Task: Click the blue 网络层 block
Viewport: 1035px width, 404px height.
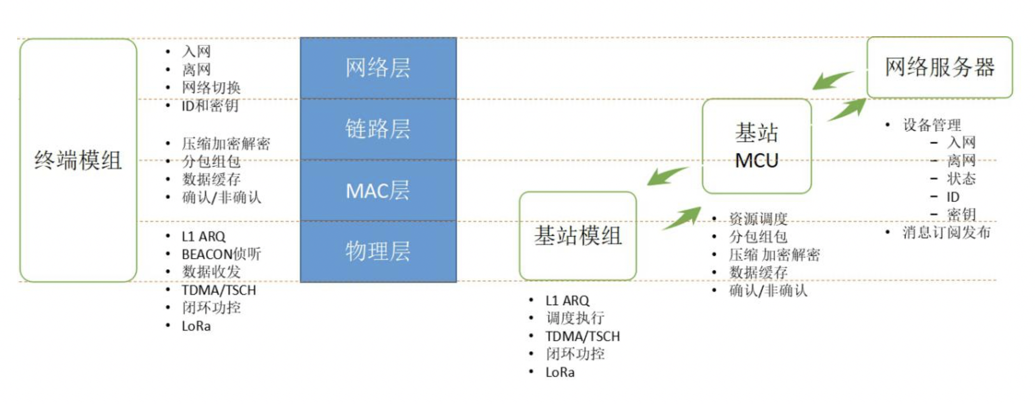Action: click(378, 68)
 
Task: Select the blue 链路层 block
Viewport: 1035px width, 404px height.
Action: click(378, 129)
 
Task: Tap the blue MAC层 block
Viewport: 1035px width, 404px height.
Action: click(378, 190)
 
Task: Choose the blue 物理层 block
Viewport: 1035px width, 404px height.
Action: click(378, 251)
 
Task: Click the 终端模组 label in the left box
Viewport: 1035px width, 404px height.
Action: click(78, 160)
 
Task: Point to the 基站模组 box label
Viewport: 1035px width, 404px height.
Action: click(578, 236)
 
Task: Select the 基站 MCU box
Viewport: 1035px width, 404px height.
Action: click(756, 146)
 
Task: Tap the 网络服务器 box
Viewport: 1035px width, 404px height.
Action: click(939, 67)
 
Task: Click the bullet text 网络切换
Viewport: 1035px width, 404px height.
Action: click(211, 88)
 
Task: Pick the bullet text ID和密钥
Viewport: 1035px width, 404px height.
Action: click(210, 106)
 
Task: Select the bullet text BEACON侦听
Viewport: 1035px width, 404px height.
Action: click(221, 254)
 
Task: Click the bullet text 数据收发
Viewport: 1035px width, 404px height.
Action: click(211, 272)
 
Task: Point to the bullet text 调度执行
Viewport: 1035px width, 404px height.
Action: click(575, 318)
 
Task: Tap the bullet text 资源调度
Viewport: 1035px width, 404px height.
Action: click(758, 218)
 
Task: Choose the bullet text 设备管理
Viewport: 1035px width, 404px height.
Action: click(932, 125)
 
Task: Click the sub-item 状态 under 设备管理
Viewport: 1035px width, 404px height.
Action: click(961, 179)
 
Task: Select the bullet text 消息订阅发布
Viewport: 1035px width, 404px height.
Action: click(946, 232)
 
